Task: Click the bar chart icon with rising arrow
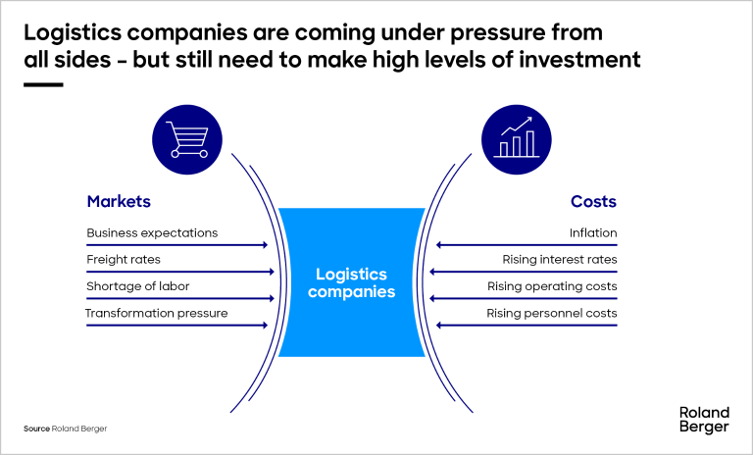point(515,139)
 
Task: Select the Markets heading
point(119,202)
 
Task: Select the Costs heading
point(593,202)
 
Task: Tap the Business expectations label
point(152,233)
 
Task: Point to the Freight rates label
point(124,260)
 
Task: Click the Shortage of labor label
point(138,286)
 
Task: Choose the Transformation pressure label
point(156,313)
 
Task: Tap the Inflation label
point(593,233)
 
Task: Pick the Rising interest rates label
point(560,260)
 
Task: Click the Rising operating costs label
point(552,286)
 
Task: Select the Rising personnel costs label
point(552,313)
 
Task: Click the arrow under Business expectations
point(176,245)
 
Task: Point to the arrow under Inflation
point(527,245)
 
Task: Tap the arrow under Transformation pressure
point(176,325)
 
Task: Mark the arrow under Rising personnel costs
point(527,325)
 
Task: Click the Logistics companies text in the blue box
point(351,283)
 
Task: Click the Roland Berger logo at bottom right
point(703,419)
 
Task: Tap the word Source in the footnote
point(36,430)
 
